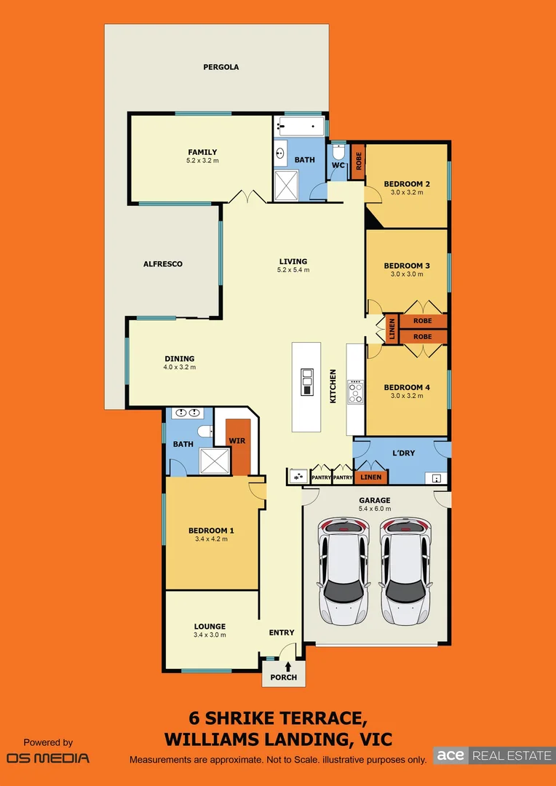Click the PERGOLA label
[221, 67]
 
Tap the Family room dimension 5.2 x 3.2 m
[202, 161]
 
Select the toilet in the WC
[338, 154]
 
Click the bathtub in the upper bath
[301, 128]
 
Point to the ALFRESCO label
[162, 264]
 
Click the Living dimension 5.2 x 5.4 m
[293, 270]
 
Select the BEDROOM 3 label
[406, 266]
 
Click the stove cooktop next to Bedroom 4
[356, 393]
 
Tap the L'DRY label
[403, 453]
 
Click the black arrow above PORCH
[288, 666]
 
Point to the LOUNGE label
[210, 626]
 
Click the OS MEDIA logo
[48, 758]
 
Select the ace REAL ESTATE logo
[493, 755]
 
